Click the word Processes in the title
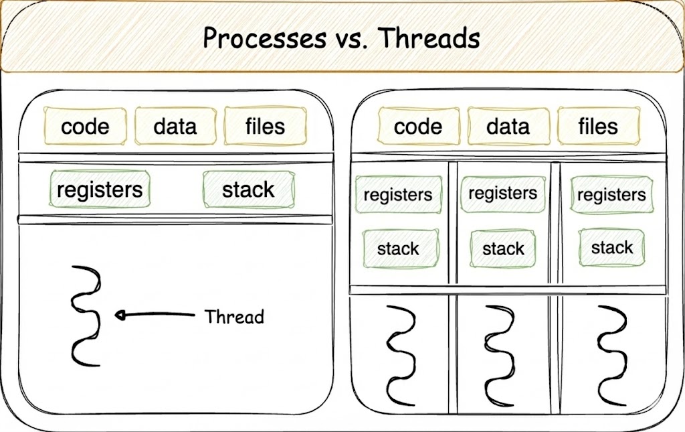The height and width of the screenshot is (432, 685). click(264, 38)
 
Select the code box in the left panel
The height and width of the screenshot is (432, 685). click(85, 127)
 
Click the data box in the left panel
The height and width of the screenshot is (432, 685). click(175, 126)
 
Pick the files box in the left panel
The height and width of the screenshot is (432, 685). click(265, 126)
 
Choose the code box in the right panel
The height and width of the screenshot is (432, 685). click(419, 126)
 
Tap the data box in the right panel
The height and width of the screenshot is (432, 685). click(508, 126)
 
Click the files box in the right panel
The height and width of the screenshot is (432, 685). click(599, 126)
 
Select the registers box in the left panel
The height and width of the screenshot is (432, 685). click(100, 190)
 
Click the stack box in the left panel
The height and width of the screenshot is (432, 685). click(249, 190)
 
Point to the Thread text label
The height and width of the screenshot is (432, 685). click(234, 317)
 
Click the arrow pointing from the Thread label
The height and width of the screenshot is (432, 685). click(155, 314)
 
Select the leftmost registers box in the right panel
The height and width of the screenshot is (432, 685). click(398, 195)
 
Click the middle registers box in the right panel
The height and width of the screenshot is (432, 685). click(503, 194)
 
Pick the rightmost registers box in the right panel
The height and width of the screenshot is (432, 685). click(611, 195)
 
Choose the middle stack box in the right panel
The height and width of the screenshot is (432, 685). click(503, 248)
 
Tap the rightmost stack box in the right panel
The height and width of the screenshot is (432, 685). click(611, 248)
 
